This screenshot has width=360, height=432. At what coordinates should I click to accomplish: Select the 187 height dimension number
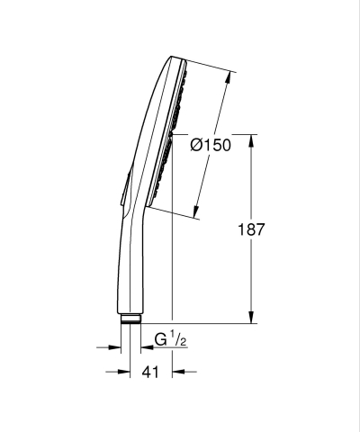coord(251,229)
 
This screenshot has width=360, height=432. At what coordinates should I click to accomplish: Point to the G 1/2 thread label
coord(169,341)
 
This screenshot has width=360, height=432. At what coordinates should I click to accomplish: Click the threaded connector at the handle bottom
coord(131,318)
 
